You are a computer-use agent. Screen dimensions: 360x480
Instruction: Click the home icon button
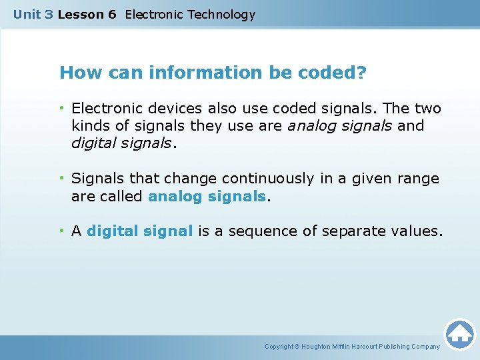459,333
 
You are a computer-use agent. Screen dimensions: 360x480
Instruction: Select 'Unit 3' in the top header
33,15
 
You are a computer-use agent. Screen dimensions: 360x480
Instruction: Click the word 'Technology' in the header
219,15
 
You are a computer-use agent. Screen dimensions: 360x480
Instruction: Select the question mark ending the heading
361,73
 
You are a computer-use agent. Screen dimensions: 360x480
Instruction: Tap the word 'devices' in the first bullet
176,108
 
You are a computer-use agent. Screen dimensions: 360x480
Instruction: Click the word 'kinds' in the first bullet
89,125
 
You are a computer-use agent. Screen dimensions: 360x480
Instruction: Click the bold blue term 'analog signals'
207,196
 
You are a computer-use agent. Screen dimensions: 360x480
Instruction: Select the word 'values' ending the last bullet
417,231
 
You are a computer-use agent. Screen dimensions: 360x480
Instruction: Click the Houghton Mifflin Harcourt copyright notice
352,347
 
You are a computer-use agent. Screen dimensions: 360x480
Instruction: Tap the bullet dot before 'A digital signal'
61,231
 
